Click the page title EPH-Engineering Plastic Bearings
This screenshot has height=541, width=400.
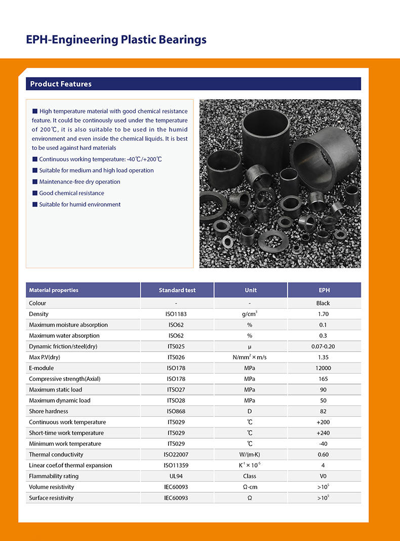coord(116,40)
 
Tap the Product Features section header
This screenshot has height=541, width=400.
coord(61,84)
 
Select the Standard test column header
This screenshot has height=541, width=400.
coord(177,290)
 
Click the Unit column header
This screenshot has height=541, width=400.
coord(251,290)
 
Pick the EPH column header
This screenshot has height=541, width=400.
coord(324,290)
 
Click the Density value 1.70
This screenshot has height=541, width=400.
coord(323,314)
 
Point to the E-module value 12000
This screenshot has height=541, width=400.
coord(323,368)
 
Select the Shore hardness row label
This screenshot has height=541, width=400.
coord(49,411)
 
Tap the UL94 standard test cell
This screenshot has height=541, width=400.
coord(177,476)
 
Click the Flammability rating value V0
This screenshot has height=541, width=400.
coord(323,476)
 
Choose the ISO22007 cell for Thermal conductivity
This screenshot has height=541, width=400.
coord(177,455)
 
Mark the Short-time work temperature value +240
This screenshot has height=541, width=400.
coord(323,433)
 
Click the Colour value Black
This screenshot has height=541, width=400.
coord(323,303)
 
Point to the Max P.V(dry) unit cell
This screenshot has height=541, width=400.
coord(249,358)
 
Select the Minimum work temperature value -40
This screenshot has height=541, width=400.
coord(323,444)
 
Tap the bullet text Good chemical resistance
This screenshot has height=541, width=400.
coord(71,193)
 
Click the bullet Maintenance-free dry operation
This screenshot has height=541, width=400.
coord(79,182)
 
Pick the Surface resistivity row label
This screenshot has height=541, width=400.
coord(51,498)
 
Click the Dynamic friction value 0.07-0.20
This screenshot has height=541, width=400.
coord(323,346)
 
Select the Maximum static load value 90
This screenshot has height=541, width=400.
coord(323,390)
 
